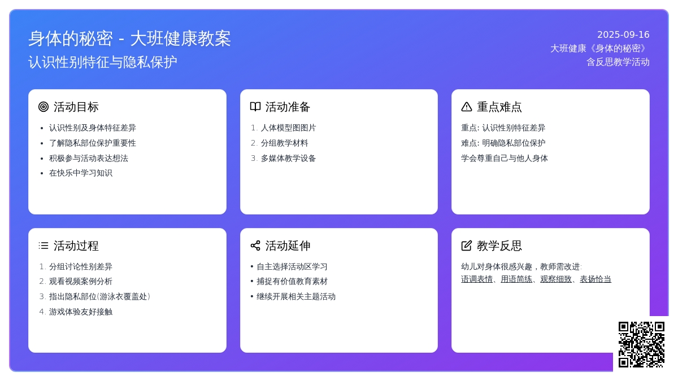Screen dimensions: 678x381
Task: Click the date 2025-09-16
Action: click(x=623, y=35)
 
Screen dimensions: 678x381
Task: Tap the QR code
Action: click(x=641, y=344)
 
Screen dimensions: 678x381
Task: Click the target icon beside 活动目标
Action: click(x=44, y=107)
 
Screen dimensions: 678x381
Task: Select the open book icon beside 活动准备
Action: click(x=255, y=107)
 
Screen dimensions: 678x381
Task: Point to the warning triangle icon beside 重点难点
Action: click(x=467, y=107)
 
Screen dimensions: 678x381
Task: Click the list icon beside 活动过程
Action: click(x=44, y=246)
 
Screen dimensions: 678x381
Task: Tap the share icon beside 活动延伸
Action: click(x=255, y=246)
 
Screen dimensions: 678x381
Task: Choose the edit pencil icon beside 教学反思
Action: click(x=467, y=246)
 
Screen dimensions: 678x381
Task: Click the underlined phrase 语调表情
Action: click(x=477, y=279)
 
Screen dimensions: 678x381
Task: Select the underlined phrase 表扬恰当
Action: click(x=596, y=279)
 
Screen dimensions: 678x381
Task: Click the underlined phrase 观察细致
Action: click(x=556, y=279)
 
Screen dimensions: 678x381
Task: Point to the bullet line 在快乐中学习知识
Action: click(x=80, y=173)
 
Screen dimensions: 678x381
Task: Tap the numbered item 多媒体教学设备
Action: click(x=288, y=158)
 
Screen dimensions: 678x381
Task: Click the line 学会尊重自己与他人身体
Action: click(x=504, y=158)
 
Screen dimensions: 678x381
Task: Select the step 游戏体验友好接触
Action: click(x=80, y=312)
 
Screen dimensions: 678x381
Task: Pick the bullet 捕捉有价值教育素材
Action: click(x=292, y=282)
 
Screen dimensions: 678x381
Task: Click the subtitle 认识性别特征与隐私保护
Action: click(x=103, y=62)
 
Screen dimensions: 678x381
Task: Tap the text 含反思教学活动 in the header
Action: click(x=618, y=62)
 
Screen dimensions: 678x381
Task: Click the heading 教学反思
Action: click(x=499, y=246)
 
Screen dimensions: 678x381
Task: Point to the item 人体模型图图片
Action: click(x=288, y=128)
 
